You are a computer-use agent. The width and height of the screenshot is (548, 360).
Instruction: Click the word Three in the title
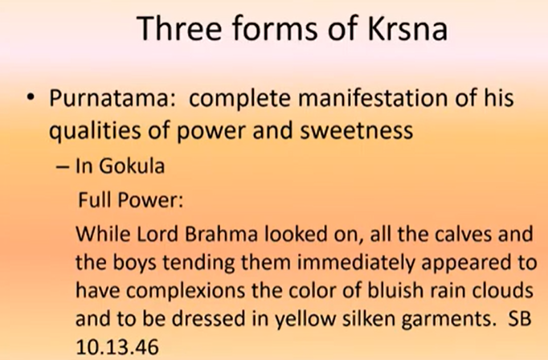click(x=179, y=28)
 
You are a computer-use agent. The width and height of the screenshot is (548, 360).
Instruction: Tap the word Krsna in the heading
click(x=407, y=28)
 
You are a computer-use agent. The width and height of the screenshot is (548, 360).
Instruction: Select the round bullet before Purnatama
click(x=31, y=97)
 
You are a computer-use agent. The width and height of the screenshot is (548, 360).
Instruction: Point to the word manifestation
click(x=373, y=98)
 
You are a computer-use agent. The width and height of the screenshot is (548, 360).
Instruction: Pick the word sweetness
click(x=357, y=130)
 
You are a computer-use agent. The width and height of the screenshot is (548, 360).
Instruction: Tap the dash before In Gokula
click(x=62, y=166)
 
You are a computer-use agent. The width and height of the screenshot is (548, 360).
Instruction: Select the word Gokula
click(x=132, y=166)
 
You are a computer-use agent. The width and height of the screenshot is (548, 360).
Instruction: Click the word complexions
click(x=186, y=291)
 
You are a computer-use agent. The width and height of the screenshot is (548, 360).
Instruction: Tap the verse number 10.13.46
click(x=117, y=347)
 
